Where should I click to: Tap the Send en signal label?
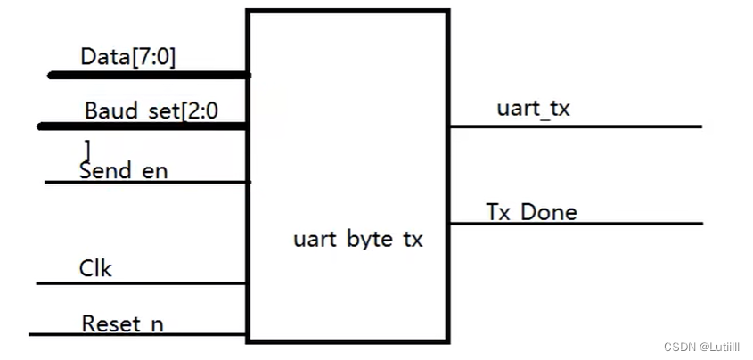point(123,170)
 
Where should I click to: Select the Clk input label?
point(96,268)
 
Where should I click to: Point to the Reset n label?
point(122,323)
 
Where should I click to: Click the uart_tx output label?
point(533,110)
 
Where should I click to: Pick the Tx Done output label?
point(531,212)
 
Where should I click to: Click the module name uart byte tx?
point(358,240)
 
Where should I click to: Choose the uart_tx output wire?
point(575,127)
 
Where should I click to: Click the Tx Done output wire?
point(575,224)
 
